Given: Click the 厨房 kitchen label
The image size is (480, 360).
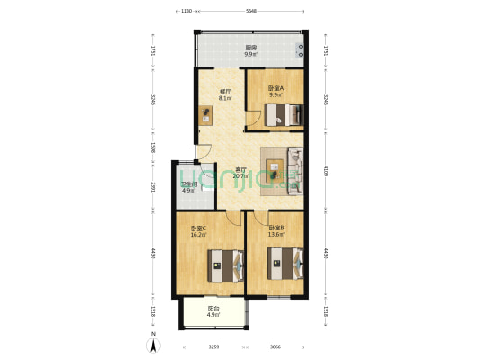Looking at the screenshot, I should [x=249, y=48].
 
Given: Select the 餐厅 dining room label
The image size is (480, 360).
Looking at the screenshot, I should [x=226, y=91].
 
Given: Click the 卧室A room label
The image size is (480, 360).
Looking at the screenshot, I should [x=276, y=87].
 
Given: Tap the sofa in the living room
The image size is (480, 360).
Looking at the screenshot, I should [x=294, y=168].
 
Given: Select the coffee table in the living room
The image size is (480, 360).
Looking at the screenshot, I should [x=273, y=167].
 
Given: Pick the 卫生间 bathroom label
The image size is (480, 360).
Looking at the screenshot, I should [x=188, y=185].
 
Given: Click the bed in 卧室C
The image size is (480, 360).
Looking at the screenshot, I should [x=225, y=266].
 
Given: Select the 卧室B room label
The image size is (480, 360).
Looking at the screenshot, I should [x=276, y=229].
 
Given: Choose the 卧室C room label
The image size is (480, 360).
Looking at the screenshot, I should [x=198, y=229].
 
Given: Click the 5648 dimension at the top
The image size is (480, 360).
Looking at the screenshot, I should [x=251, y=11].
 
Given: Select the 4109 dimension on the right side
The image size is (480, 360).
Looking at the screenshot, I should [x=325, y=169].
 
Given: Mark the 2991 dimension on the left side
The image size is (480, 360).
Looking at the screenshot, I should [x=154, y=187].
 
